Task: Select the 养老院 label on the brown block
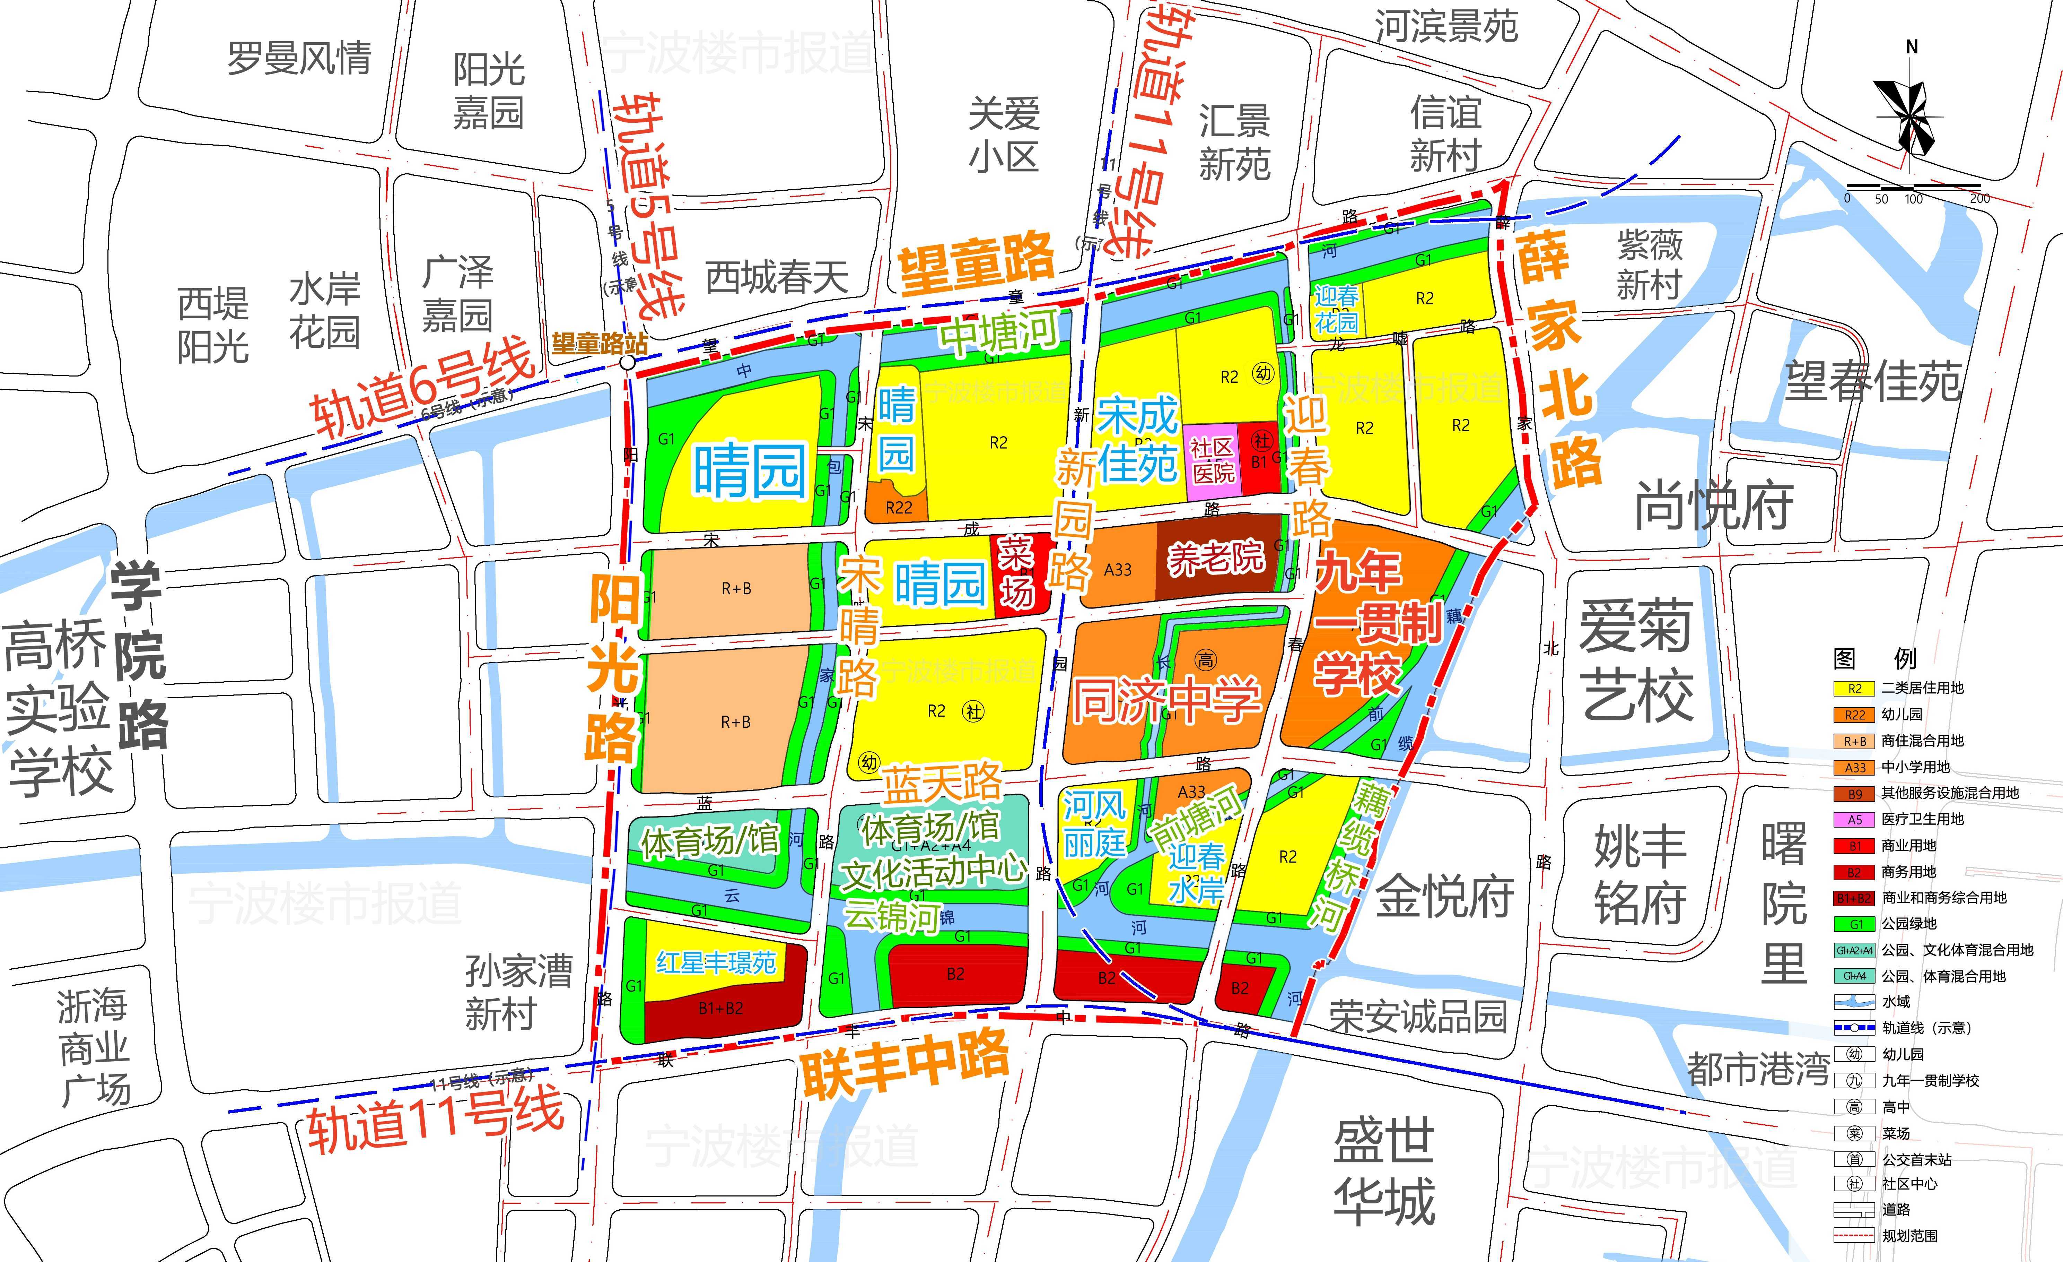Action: [x=1216, y=558]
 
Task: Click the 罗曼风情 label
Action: [x=299, y=59]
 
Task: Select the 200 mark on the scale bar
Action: [x=1979, y=198]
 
